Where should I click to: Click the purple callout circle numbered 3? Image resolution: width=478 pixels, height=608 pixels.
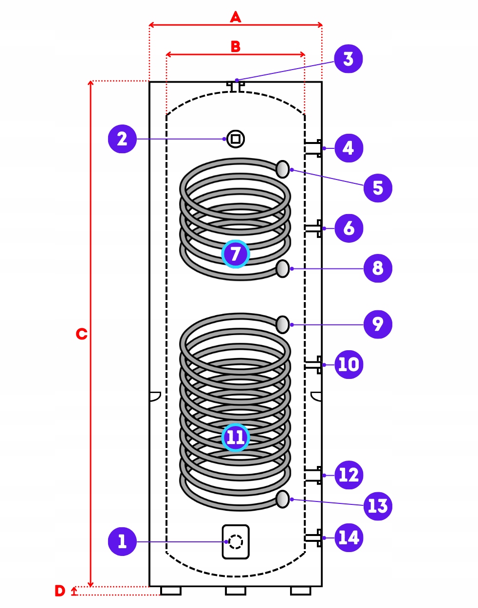pos(348,59)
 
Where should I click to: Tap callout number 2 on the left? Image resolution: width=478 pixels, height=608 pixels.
pos(122,139)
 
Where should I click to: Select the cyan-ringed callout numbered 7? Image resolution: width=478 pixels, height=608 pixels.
pos(235,254)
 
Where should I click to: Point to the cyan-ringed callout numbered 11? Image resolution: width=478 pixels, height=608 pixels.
pos(235,437)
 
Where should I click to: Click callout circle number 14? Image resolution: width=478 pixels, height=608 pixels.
pos(349,537)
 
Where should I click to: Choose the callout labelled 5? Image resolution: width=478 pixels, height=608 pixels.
pos(378,188)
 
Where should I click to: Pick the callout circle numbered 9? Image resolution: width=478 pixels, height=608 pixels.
pos(378,324)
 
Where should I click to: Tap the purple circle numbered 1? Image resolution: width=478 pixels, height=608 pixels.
pos(122,541)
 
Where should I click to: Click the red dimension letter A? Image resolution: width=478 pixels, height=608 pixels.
pos(235,17)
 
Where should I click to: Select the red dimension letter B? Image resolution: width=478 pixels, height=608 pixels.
pos(235,46)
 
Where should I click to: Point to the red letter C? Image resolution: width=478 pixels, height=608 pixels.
pos(81,334)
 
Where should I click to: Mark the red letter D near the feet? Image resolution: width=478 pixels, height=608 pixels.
pos(60,590)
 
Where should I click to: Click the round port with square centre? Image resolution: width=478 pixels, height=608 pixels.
pos(235,139)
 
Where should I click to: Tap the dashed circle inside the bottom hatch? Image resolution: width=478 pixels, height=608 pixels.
pos(235,542)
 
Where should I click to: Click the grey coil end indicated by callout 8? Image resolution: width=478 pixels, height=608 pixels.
pos(282,268)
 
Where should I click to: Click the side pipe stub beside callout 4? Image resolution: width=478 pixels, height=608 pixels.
pos(313,148)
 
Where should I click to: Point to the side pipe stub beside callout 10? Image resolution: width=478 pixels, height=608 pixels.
pos(313,365)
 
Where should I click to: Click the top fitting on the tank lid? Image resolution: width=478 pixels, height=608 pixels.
pos(236,87)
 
